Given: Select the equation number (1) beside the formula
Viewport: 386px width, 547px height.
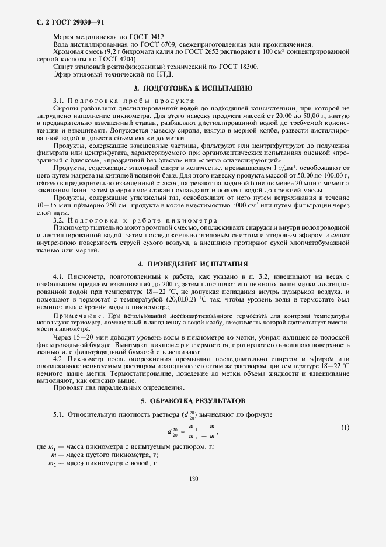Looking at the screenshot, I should point(345,427).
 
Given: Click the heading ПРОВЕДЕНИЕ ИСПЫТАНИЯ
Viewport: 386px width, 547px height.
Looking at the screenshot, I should point(193,264).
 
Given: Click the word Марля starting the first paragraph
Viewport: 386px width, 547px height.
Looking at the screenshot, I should point(64,36).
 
